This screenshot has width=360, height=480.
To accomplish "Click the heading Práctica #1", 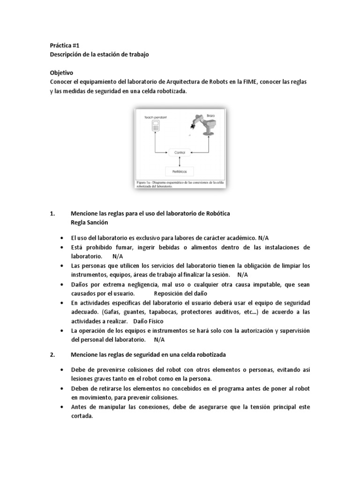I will [x=65, y=45].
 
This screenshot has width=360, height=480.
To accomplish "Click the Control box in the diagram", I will [x=180, y=152].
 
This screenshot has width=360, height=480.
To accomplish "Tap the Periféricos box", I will [x=180, y=172].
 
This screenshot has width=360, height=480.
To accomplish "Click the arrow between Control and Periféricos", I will [x=180, y=162].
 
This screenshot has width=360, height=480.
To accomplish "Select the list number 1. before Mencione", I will [x=52, y=214].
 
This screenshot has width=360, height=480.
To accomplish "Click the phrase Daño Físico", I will [x=149, y=321].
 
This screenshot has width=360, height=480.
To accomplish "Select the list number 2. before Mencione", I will [x=52, y=354].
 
